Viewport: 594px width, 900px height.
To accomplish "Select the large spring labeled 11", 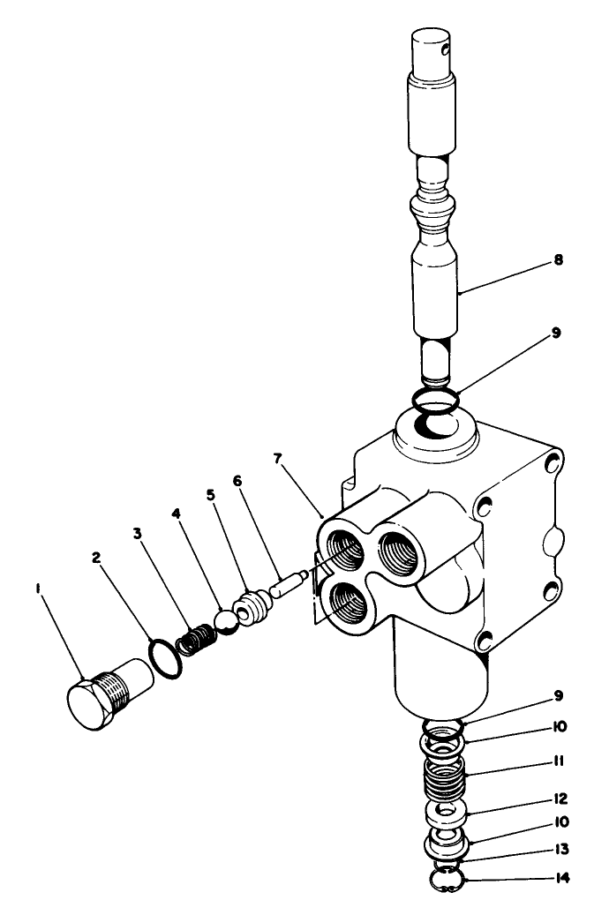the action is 446,776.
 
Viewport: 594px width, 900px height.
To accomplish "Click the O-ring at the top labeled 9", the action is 437,396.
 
